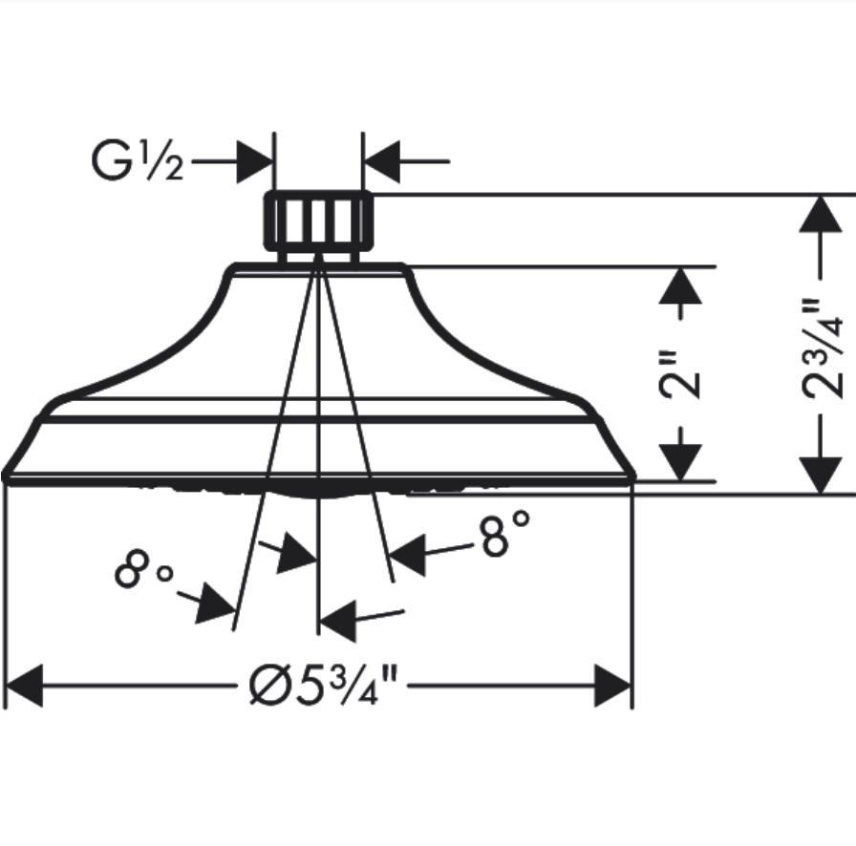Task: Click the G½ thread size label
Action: coord(137,161)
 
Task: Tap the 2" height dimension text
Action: coord(679,374)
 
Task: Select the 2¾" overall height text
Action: coord(822,348)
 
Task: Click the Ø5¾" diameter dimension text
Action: coord(323,686)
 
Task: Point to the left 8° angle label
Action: coord(143,569)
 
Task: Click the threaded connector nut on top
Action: coord(319,221)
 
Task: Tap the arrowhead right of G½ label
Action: coord(254,161)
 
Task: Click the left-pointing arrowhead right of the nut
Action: coord(381,161)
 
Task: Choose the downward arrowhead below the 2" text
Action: coord(680,462)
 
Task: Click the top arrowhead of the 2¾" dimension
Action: coord(821,214)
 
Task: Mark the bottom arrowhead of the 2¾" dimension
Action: coord(821,476)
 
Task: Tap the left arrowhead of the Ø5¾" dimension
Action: coord(24,686)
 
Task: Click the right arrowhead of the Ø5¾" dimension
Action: coord(612,686)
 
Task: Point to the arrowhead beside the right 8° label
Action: coord(407,555)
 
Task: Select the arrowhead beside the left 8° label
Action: coord(215,603)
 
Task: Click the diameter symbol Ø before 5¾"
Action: coord(267,686)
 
